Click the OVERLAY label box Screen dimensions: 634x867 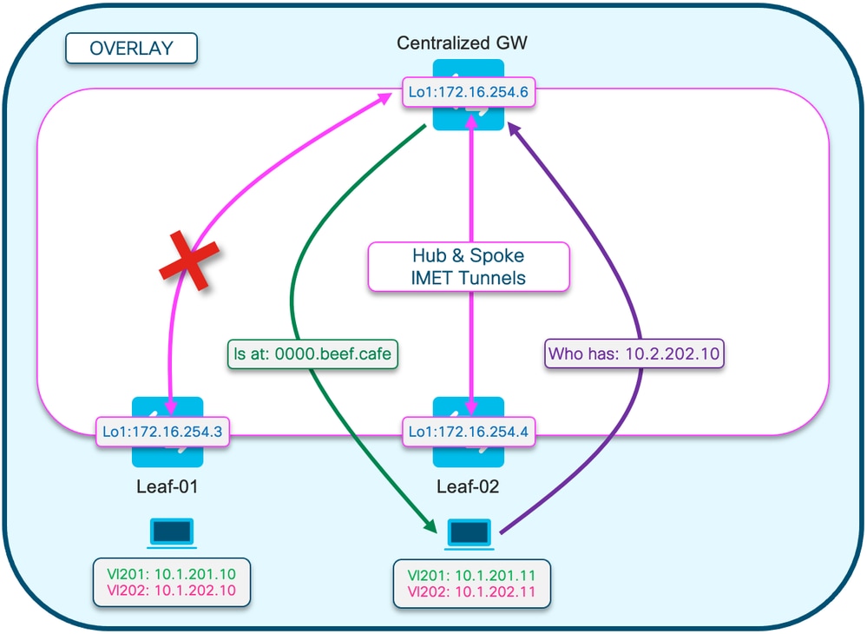tap(131, 49)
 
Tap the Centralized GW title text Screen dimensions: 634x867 tap(468, 43)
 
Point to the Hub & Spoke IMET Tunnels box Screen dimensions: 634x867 tap(469, 267)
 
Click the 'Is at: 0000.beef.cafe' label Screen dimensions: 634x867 tap(312, 353)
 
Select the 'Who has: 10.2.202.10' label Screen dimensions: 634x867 tap(634, 353)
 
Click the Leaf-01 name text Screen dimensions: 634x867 tap(167, 487)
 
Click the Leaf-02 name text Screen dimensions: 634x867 tap(468, 487)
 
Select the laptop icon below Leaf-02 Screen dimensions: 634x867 tap(469, 534)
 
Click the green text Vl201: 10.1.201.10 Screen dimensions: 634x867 tap(170, 573)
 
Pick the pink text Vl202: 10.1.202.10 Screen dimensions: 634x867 tap(170, 591)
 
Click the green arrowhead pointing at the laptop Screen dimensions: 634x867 tap(428, 524)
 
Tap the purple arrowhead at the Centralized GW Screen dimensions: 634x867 tap(515, 128)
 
